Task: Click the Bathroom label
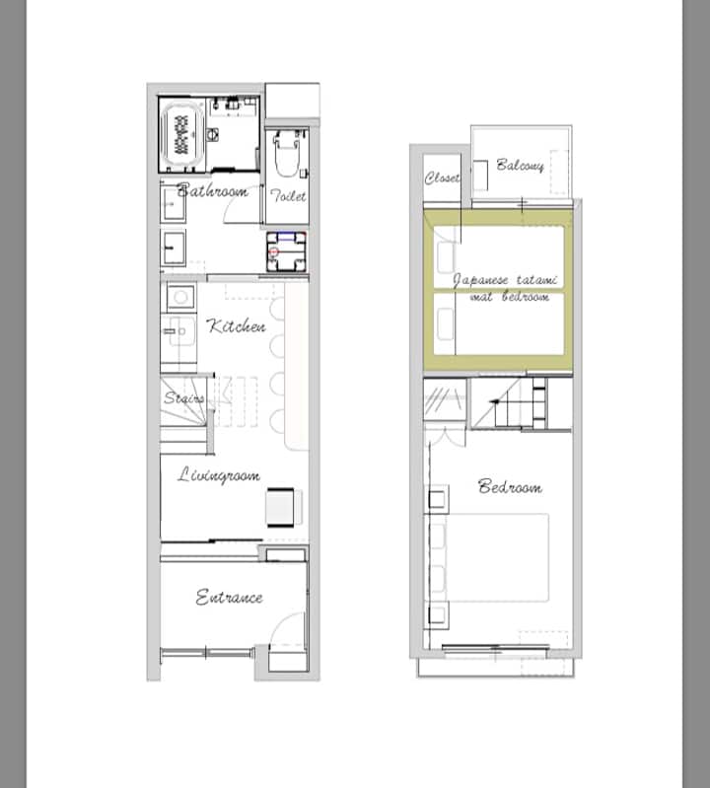click(212, 190)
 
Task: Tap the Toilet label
click(288, 195)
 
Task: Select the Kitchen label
click(236, 326)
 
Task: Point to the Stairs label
click(183, 398)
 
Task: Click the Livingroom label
click(219, 475)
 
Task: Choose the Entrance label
click(229, 598)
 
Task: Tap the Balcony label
click(520, 166)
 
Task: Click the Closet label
click(442, 178)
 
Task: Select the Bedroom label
click(510, 486)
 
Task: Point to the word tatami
click(536, 280)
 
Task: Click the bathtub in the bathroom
click(182, 135)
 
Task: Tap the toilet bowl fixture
click(287, 153)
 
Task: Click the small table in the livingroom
click(280, 507)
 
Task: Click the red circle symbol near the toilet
click(274, 251)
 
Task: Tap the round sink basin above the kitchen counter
click(180, 297)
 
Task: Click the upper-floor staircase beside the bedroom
click(521, 404)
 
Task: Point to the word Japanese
click(481, 280)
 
